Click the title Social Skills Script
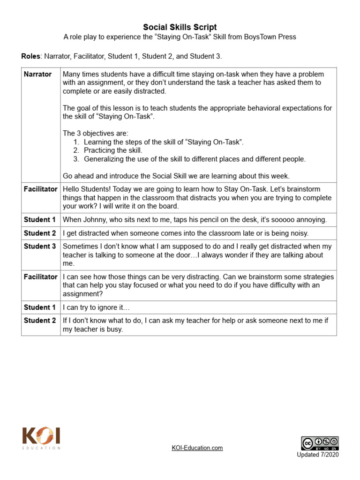pyautogui.click(x=180, y=27)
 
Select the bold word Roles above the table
pyautogui.click(x=30, y=56)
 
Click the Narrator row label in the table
pyautogui.click(x=37, y=74)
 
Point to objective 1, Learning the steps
pyautogui.click(x=164, y=142)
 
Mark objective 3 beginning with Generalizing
pyautogui.click(x=195, y=159)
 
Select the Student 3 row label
pyautogui.click(x=40, y=246)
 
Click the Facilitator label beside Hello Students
pyautogui.click(x=41, y=189)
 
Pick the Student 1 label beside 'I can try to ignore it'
pyautogui.click(x=40, y=307)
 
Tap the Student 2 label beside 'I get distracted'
pyautogui.click(x=40, y=233)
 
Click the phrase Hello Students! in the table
pyautogui.click(x=85, y=189)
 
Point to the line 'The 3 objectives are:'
pyautogui.click(x=95, y=134)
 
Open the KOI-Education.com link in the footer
pyautogui.click(x=197, y=448)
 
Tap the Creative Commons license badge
pyautogui.click(x=320, y=443)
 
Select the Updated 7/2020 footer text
pyautogui.click(x=317, y=455)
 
